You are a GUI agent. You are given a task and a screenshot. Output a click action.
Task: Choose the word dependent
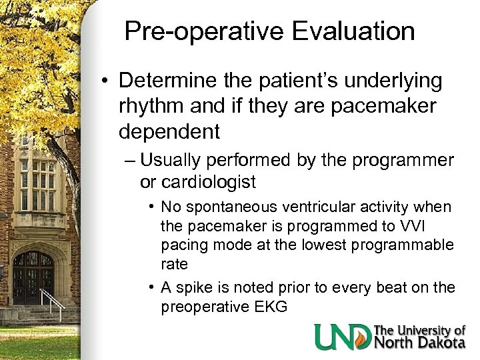click(169, 131)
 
